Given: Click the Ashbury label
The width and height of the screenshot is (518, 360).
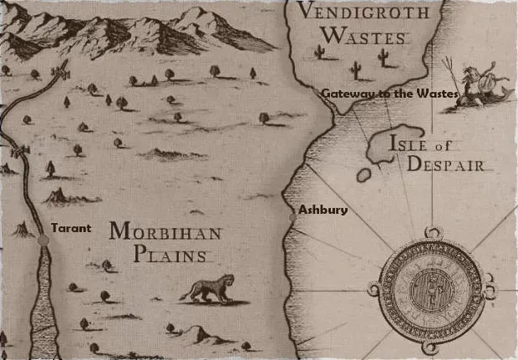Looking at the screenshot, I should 317,210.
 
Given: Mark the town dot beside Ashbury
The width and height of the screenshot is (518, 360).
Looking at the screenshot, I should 292,217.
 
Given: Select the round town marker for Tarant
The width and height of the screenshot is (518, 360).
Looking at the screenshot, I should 43,240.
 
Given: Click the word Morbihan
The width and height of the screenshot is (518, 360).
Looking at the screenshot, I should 160,231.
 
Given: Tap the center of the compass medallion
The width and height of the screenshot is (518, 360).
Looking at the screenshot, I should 432,285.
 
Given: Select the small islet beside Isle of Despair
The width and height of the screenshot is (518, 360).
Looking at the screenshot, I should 363,176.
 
